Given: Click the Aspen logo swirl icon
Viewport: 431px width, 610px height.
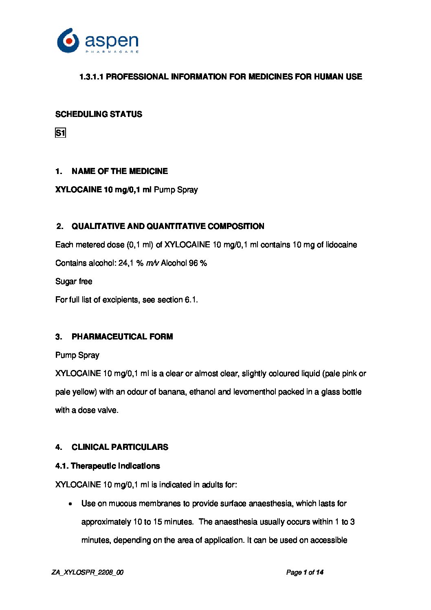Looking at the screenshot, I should pyautogui.click(x=68, y=41).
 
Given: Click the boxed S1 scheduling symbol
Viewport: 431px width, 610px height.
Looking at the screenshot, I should pyautogui.click(x=60, y=133).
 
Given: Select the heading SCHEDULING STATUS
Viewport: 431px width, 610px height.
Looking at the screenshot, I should pyautogui.click(x=99, y=114).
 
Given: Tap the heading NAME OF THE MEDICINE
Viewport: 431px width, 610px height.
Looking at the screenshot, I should pyautogui.click(x=119, y=171).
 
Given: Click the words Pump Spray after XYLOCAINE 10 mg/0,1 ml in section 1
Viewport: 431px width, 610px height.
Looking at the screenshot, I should pyautogui.click(x=176, y=189).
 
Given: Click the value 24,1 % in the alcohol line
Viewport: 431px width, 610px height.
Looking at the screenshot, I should pyautogui.click(x=131, y=263).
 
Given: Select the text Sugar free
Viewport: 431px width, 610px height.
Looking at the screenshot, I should pyautogui.click(x=74, y=282).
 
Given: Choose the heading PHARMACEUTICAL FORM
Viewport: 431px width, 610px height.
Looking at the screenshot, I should pyautogui.click(x=122, y=337).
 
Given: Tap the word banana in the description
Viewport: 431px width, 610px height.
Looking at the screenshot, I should pyautogui.click(x=172, y=392).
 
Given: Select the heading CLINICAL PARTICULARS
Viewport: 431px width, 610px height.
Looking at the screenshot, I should pyautogui.click(x=120, y=447).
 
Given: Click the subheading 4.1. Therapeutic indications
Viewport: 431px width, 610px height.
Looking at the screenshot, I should pyautogui.click(x=108, y=466).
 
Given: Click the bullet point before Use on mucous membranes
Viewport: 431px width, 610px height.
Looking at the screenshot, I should pyautogui.click(x=71, y=504).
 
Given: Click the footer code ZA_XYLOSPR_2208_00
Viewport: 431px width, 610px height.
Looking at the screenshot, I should pyautogui.click(x=88, y=573).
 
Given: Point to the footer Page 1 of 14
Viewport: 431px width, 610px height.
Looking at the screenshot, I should pyautogui.click(x=305, y=573).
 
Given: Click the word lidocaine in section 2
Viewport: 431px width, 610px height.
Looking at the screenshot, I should pyautogui.click(x=341, y=245).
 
